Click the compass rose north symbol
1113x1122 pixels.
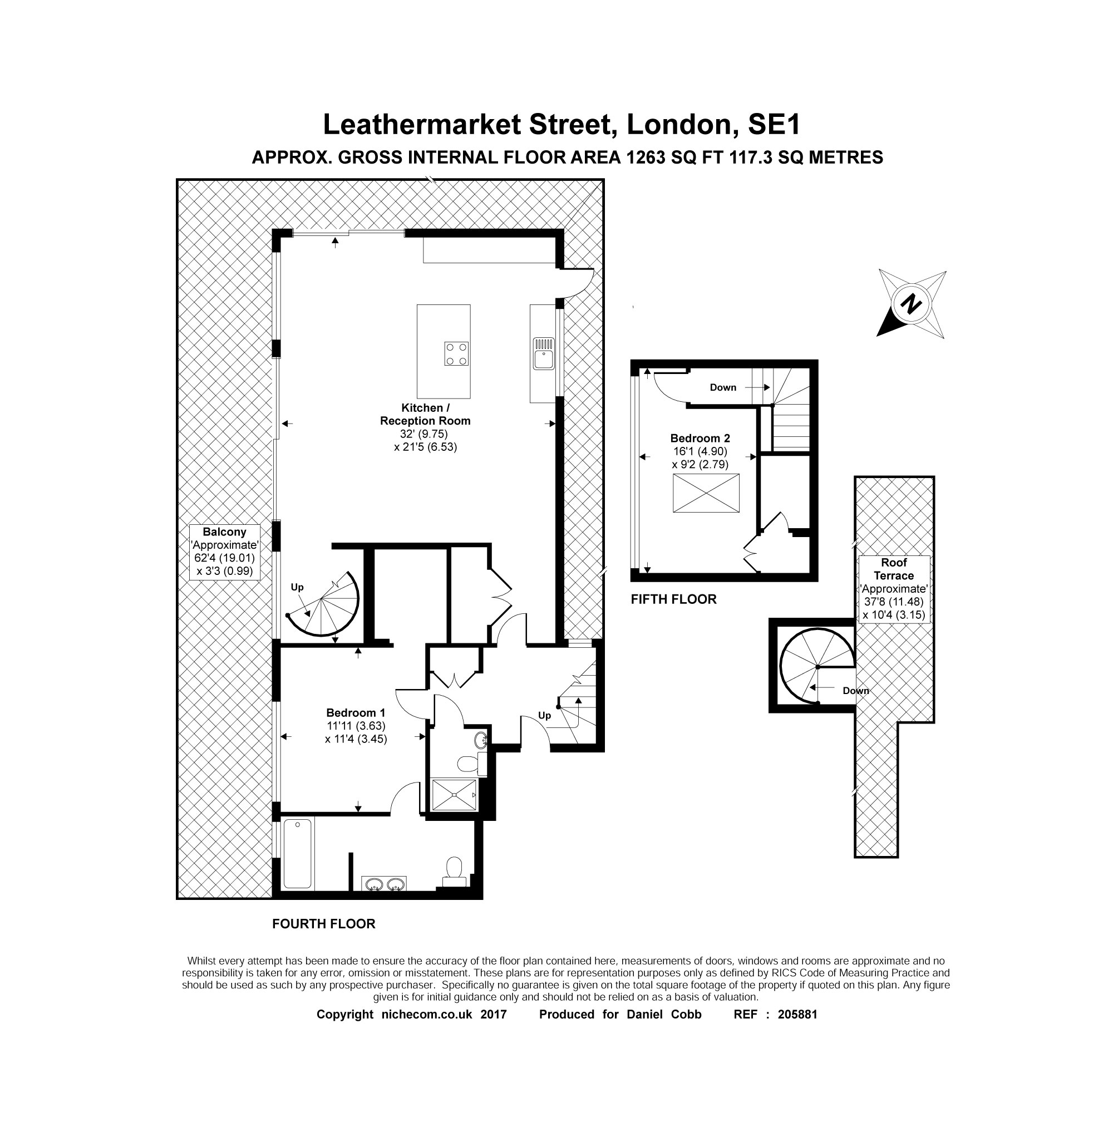point(912,304)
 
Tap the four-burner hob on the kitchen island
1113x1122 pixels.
point(456,353)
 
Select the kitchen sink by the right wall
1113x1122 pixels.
point(544,355)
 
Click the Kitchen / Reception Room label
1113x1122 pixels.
point(425,414)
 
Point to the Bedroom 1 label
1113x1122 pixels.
point(355,712)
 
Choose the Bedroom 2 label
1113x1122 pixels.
point(700,439)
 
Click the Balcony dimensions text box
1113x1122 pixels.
point(225,551)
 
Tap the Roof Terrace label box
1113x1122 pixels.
point(894,589)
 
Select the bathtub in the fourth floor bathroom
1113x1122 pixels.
point(297,853)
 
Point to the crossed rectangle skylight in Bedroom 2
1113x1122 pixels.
point(706,493)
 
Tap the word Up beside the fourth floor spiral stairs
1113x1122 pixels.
point(297,587)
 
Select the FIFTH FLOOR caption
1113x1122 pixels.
point(673,599)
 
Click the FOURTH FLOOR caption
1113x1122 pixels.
point(323,924)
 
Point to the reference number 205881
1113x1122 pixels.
point(797,1015)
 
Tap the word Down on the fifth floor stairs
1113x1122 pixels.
point(723,387)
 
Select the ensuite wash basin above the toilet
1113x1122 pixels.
point(481,740)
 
